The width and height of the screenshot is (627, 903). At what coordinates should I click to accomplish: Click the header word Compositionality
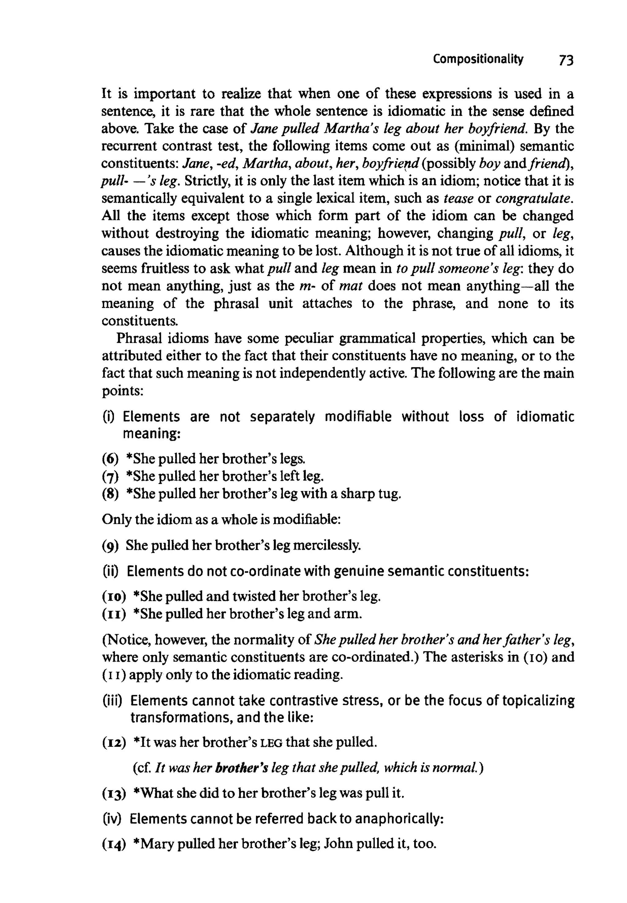click(478, 59)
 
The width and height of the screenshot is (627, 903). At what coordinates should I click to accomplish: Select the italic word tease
click(458, 199)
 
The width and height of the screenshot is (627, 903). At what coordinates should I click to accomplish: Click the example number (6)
click(111, 459)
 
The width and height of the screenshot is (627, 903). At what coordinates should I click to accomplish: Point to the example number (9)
click(111, 545)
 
